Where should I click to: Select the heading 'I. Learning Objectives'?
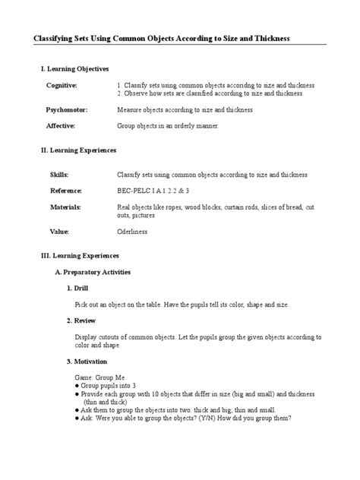(74, 68)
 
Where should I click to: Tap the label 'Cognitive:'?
(61, 85)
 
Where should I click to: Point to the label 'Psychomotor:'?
(66, 110)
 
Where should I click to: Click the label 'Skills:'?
(58, 175)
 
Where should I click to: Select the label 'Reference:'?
(65, 191)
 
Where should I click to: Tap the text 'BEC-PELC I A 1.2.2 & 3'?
(152, 191)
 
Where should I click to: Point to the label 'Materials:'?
(65, 207)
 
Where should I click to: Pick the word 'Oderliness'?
(133, 231)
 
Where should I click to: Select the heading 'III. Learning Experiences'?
(79, 256)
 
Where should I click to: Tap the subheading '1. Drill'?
(77, 288)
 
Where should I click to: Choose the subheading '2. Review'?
(81, 321)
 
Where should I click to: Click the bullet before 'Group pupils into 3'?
(77, 386)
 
